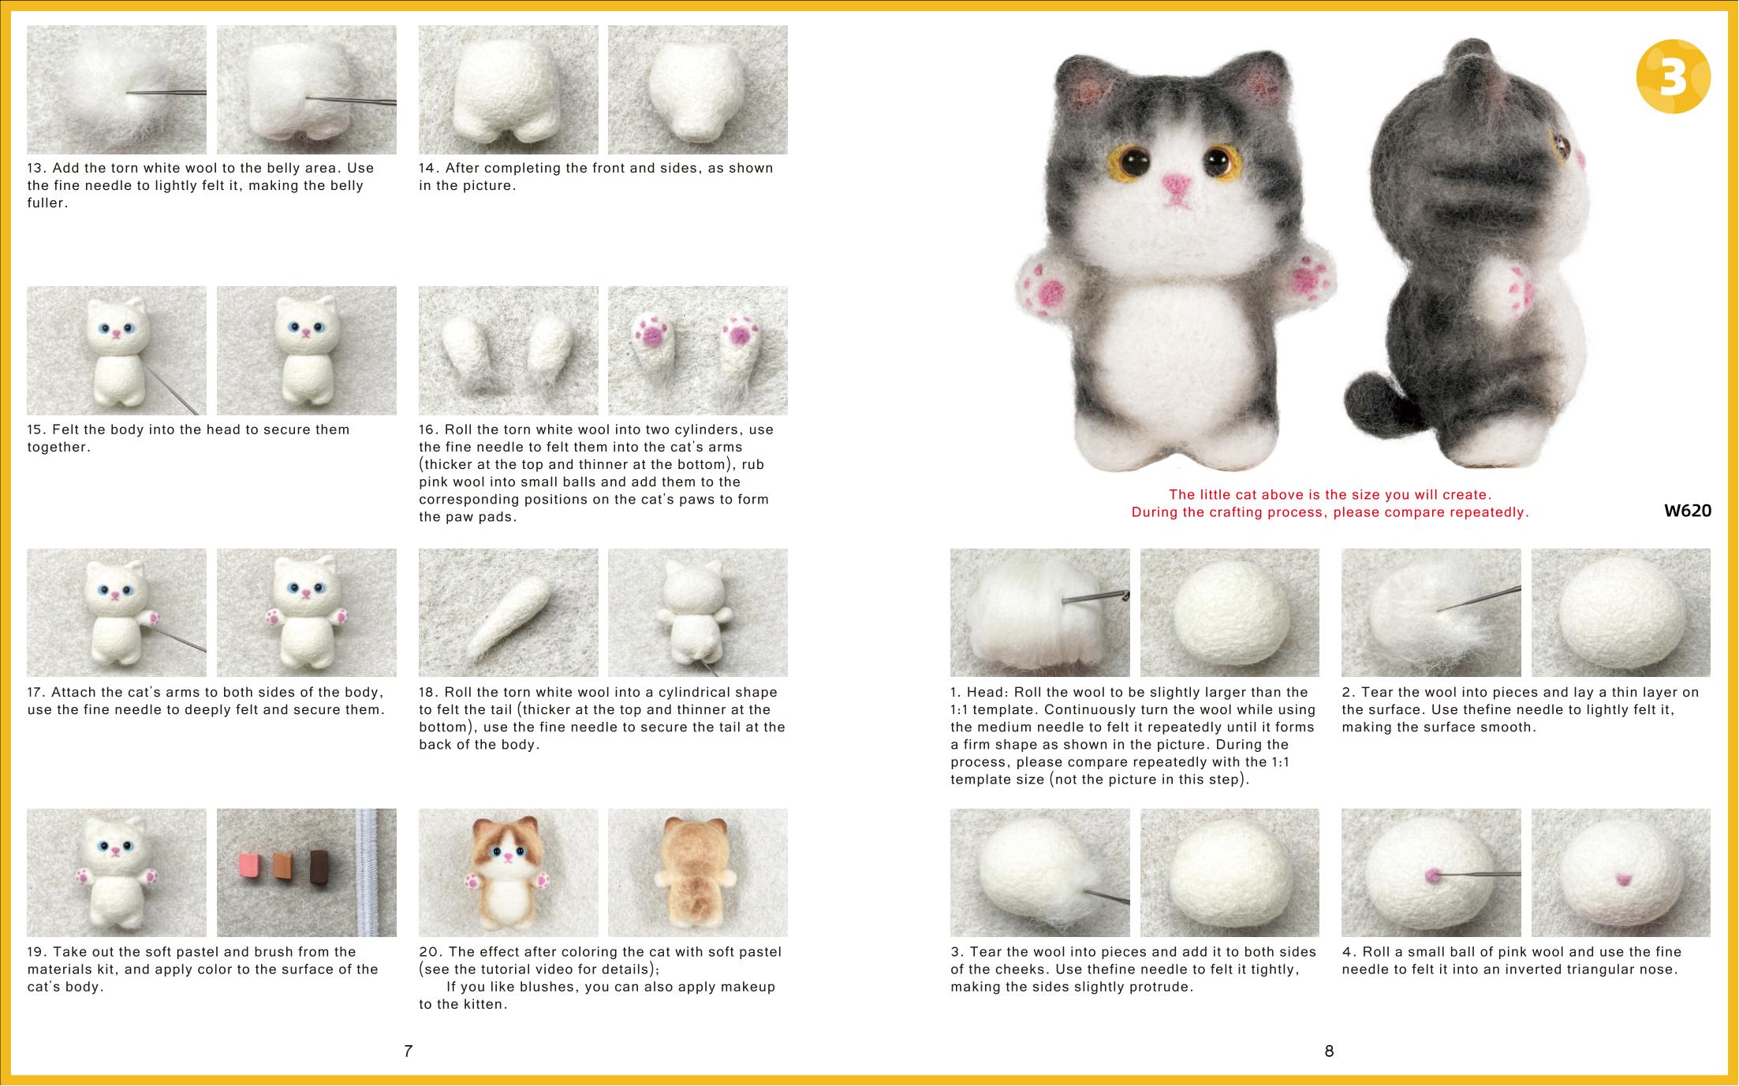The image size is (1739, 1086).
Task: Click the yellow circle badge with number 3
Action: tap(1674, 76)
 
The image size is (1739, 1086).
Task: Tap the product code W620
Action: tap(1688, 511)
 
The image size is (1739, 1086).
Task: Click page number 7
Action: tap(408, 1051)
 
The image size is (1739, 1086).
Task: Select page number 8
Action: tap(1329, 1051)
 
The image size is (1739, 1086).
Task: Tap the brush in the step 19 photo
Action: tap(368, 872)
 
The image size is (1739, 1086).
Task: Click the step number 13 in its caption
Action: tap(36, 168)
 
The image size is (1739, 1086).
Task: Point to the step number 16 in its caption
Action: tap(428, 430)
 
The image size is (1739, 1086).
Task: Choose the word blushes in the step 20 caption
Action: tap(547, 987)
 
